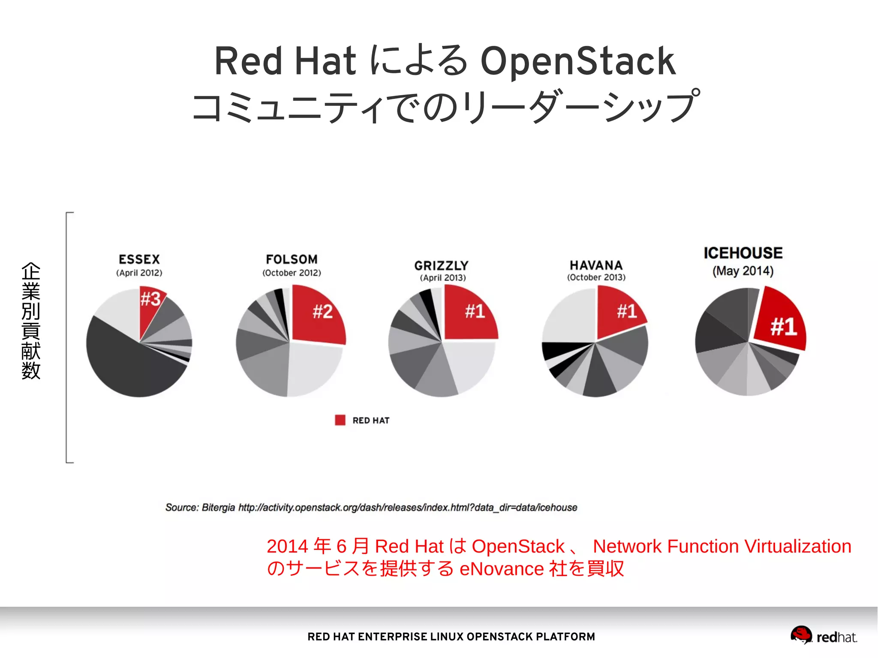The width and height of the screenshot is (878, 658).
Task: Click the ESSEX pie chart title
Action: coord(139,259)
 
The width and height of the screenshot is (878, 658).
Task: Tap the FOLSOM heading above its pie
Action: coord(292,259)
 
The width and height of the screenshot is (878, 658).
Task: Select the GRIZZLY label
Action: coord(441,266)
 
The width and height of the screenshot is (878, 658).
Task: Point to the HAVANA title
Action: coord(596,265)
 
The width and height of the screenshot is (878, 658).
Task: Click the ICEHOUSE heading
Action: coord(743,253)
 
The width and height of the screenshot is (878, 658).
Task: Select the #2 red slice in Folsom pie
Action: coord(319,315)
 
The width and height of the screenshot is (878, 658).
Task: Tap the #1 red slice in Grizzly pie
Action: coord(472,313)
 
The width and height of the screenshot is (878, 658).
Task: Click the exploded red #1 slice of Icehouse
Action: coord(780,324)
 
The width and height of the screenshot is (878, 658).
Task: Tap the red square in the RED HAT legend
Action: coord(340,420)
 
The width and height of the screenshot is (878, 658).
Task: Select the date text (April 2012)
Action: coord(139,273)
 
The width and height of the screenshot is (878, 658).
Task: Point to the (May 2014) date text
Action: coord(743,271)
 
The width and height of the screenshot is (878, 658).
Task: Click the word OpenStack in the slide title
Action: coord(577,61)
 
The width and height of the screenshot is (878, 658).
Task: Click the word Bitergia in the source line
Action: coord(218,508)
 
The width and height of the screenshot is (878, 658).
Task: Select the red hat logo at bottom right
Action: coord(801,635)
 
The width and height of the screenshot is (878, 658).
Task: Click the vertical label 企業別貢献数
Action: coord(31,321)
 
